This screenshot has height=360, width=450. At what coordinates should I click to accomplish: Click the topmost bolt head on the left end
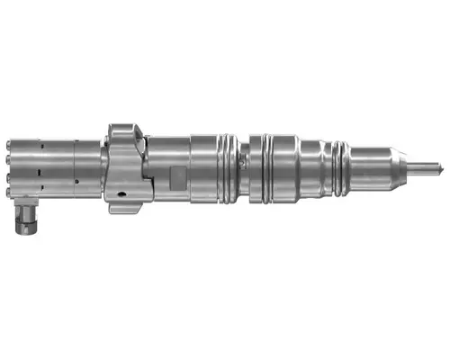7,143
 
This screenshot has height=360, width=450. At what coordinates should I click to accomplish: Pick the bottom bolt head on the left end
7,190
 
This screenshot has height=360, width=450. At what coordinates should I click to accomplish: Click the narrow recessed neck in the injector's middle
246,166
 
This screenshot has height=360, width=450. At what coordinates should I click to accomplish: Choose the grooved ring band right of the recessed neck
264,166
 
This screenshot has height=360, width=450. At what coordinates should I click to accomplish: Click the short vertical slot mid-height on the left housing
41,166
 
